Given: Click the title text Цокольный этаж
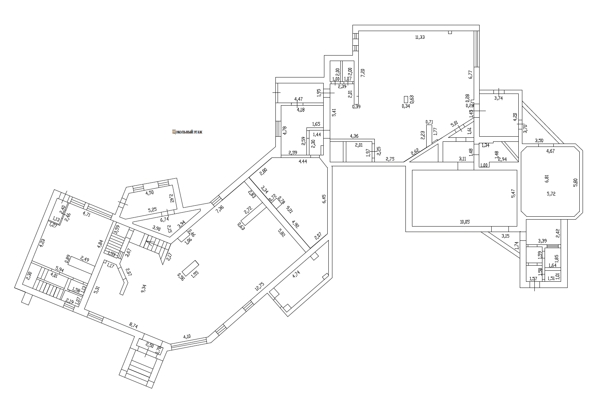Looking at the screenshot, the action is tap(187, 132).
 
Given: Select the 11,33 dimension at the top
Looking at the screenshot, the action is tap(420, 37).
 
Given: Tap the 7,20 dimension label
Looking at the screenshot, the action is tap(363, 72).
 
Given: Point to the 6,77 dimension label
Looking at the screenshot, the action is tap(471, 74).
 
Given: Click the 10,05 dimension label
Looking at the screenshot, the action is tap(465, 221).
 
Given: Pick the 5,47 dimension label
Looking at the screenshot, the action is tap(513, 193).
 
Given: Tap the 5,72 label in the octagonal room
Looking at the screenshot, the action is tap(551, 194).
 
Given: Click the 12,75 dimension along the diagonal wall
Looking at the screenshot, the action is tap(260, 286).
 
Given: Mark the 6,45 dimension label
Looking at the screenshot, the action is tap(324, 198).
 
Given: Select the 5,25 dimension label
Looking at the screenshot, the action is tap(152, 210).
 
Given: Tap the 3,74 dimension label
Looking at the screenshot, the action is tap(498, 98).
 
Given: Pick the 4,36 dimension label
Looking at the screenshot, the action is tap(354, 136).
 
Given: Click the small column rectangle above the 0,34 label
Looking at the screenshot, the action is tap(406, 99).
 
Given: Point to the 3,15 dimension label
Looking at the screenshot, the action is tap(505, 236).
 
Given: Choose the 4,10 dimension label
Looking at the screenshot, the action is tap(187, 337).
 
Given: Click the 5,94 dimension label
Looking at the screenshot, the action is tap(60, 270).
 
